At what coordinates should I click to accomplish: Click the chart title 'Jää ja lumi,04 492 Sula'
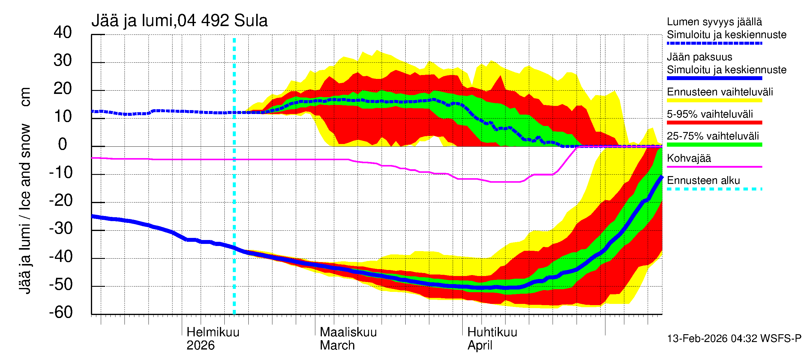[x=179, y=21]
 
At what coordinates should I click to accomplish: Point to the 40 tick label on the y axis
[x=63, y=32]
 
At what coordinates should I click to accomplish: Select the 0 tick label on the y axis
[x=63, y=144]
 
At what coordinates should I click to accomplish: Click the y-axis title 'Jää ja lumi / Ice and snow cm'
[x=25, y=190]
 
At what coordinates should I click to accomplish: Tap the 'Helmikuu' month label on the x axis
[x=213, y=332]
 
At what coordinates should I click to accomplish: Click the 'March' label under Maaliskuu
[x=337, y=345]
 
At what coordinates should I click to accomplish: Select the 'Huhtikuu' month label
[x=492, y=332]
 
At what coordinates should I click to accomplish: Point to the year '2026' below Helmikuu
[x=201, y=345]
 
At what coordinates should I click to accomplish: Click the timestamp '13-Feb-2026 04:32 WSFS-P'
[x=734, y=338]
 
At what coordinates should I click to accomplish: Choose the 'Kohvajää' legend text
[x=688, y=158]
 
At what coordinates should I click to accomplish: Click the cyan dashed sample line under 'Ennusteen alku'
[x=714, y=189]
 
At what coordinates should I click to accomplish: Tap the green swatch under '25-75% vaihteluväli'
[x=714, y=145]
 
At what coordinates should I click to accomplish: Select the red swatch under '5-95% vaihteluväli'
[x=714, y=123]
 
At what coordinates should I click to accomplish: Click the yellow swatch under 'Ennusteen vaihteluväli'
[x=714, y=100]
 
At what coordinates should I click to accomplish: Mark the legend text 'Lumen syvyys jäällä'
[x=714, y=22]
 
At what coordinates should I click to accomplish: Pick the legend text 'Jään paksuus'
[x=699, y=57]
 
